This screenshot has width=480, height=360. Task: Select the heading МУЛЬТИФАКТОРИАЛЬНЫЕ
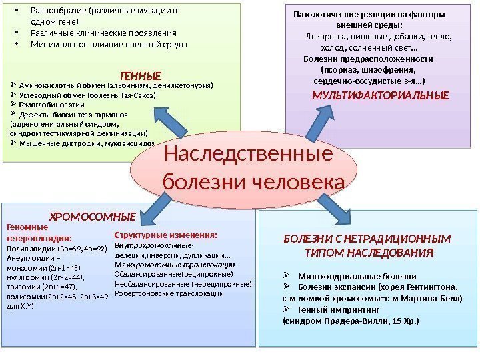[x=381, y=95]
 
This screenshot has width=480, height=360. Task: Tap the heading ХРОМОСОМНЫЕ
[x=93, y=217]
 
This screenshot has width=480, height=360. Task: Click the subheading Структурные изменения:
[x=166, y=235]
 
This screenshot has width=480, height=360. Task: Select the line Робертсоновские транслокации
[x=169, y=293]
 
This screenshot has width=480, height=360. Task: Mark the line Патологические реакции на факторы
[x=369, y=13]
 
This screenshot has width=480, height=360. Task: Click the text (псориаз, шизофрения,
[x=369, y=69]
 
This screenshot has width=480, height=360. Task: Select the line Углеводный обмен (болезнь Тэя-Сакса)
[x=87, y=95]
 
